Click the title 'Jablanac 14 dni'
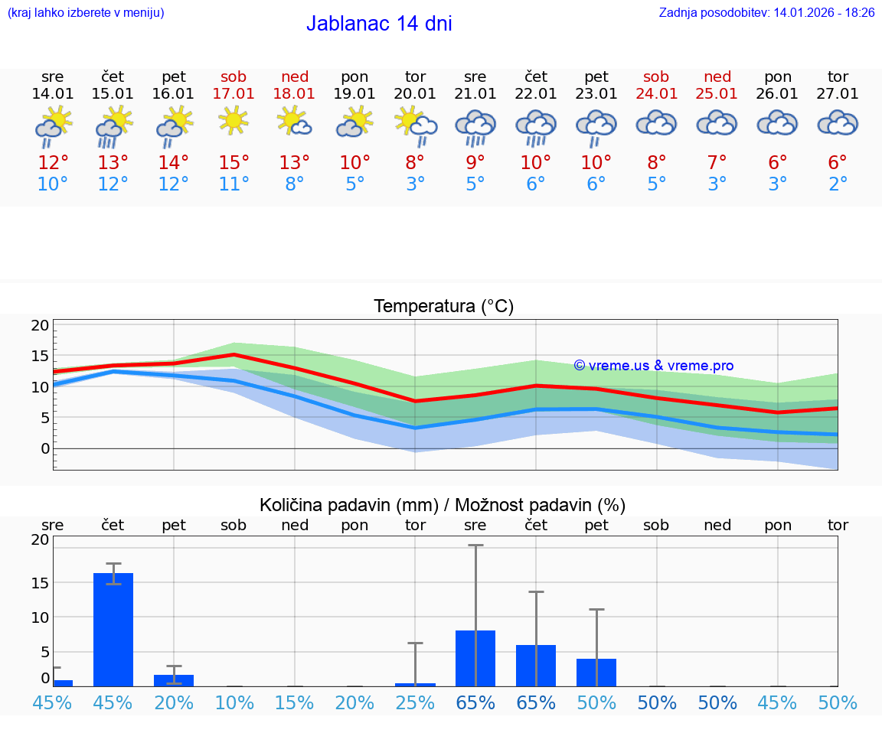[x=379, y=24]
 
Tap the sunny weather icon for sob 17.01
[x=234, y=120]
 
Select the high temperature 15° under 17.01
[x=234, y=163]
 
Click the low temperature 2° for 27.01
[x=838, y=184]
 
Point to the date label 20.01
[x=415, y=94]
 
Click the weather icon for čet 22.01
[x=535, y=126]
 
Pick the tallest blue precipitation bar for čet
[x=113, y=629]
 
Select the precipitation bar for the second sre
[x=475, y=658]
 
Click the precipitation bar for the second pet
[x=596, y=672]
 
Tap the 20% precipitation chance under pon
[x=354, y=702]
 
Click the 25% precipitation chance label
[x=415, y=702]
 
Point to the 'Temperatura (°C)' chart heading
[x=443, y=307]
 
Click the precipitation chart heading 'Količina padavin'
[x=443, y=505]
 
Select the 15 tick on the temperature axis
[x=40, y=356]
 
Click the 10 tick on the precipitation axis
[x=40, y=617]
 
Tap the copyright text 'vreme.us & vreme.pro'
[x=654, y=366]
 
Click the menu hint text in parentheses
[x=86, y=13]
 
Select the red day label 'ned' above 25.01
[x=717, y=77]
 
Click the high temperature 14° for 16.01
[x=173, y=163]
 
